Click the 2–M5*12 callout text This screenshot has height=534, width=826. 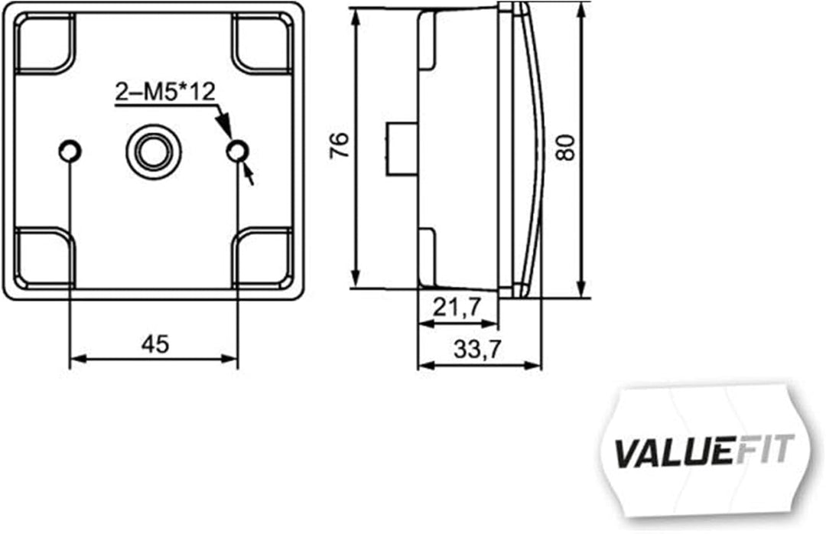[x=165, y=93]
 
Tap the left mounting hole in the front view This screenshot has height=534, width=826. [x=70, y=151]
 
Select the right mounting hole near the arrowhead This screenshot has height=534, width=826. [x=238, y=151]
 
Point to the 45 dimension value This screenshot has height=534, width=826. [x=154, y=344]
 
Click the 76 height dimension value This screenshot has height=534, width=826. [x=339, y=145]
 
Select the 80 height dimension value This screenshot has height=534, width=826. [x=564, y=145]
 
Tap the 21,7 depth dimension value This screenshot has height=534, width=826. [x=457, y=308]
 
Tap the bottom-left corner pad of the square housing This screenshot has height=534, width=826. [x=44, y=256]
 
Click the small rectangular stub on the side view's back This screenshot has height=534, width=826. [x=400, y=146]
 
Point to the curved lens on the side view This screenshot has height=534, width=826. [x=538, y=145]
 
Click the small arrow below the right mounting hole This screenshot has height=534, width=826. [x=249, y=176]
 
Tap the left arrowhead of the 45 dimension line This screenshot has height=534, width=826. [x=76, y=357]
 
